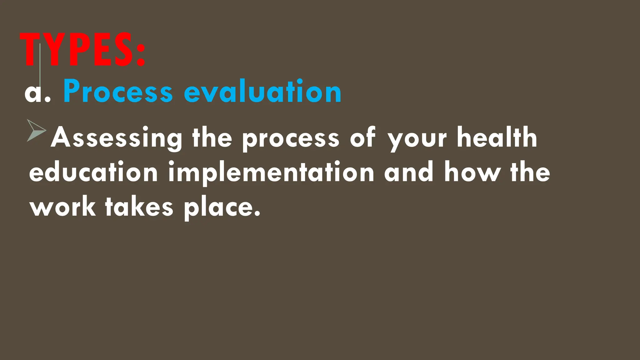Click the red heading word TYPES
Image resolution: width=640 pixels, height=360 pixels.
click(77, 50)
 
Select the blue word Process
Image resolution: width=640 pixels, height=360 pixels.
click(118, 91)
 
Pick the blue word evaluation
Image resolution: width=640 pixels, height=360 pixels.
click(262, 91)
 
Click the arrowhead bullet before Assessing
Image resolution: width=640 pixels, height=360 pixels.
click(36, 130)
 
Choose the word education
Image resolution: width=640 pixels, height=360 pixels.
click(93, 172)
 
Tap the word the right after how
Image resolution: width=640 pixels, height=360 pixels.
click(530, 172)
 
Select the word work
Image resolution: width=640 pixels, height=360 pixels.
click(63, 207)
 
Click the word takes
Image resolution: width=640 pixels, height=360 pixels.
click(139, 207)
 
